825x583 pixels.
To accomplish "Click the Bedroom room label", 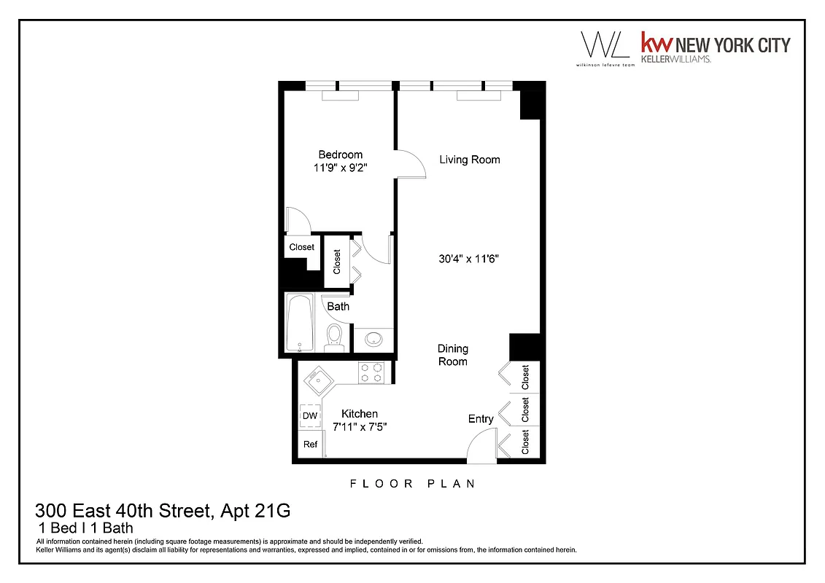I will coord(340,154).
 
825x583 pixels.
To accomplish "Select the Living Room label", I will coord(469,160).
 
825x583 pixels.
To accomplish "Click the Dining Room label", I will coord(452,355).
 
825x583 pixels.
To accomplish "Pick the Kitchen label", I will coord(360,414).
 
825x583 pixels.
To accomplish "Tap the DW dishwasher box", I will coord(310,416).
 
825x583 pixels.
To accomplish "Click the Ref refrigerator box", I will coord(310,444).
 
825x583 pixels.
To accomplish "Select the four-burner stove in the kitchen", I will coord(371,373).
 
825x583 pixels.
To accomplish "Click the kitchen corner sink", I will coord(317,380).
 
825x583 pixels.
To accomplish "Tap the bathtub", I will coord(298,324).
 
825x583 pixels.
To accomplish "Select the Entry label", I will coord(481,418).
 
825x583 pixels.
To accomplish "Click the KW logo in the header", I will coord(654,44).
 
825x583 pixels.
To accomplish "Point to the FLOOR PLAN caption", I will coord(412,483).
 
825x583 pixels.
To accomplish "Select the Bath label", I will coord(338,306).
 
